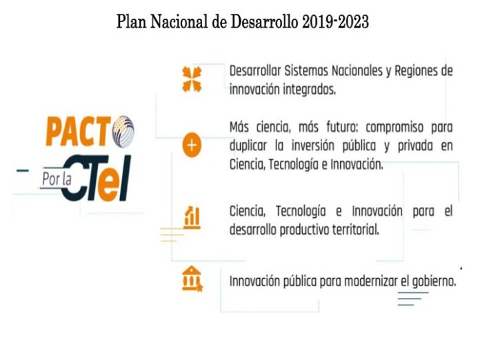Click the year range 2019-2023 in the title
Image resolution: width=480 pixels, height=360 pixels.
tap(335, 22)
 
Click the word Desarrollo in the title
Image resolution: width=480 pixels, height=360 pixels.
tap(264, 22)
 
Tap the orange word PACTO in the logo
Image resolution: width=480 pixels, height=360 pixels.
tap(79, 131)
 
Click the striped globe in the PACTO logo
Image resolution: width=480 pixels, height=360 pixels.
tap(123, 132)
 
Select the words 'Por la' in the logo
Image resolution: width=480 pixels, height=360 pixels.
tap(57, 179)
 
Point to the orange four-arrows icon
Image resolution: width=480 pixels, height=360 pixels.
tap(192, 79)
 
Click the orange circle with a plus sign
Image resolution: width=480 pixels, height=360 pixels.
tap(192, 145)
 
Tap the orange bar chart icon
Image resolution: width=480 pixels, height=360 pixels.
tap(192, 218)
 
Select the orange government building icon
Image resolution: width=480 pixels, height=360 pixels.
tap(192, 279)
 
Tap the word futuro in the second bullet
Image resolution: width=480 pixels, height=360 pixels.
tap(342, 127)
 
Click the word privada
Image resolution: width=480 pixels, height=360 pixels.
tap(415, 146)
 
